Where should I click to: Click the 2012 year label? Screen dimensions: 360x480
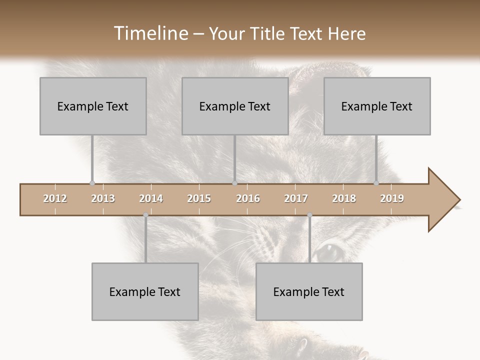(55, 198)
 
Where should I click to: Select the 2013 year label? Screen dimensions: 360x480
(103, 198)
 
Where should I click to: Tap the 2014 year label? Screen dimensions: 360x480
(151, 198)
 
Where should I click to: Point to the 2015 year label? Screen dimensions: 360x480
(199, 198)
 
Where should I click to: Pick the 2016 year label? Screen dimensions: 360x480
(248, 198)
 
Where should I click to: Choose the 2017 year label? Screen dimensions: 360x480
(296, 198)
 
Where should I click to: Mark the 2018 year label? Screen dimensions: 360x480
(344, 198)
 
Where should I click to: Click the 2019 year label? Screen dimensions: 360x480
(392, 198)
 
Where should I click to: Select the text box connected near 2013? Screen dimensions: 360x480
(93, 106)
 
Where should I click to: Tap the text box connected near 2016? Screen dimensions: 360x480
(235, 106)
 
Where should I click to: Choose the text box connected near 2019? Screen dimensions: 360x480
(377, 106)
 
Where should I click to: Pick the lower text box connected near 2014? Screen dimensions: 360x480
(145, 291)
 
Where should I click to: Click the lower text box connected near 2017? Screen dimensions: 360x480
(309, 291)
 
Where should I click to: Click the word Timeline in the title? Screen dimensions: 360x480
(150, 33)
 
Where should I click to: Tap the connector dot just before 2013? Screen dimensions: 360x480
(92, 183)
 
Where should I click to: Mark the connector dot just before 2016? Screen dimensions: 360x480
(234, 183)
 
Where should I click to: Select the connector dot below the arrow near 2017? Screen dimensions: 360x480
(309, 215)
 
